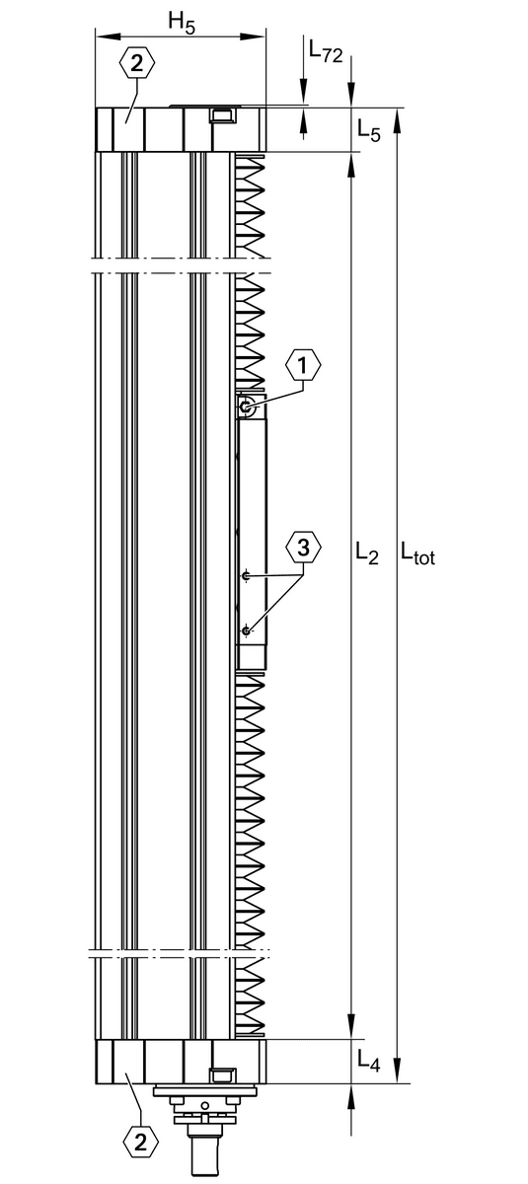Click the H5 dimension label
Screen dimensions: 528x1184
tap(182, 23)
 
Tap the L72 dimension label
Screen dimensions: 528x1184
tap(326, 51)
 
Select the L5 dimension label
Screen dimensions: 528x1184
tap(369, 130)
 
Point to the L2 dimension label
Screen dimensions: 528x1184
tap(367, 553)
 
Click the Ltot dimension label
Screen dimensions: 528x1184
tap(417, 553)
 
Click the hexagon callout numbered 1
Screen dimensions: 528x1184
tap(303, 365)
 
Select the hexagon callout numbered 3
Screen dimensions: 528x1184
tap(303, 548)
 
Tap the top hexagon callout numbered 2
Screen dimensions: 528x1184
tap(137, 63)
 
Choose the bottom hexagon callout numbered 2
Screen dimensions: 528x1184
tap(140, 1139)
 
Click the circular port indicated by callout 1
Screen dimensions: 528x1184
tap(246, 407)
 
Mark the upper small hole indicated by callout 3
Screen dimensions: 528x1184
tap(246, 575)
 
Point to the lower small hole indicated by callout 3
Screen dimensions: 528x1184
tap(246, 630)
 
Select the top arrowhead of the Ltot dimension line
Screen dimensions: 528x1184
tap(398, 119)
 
